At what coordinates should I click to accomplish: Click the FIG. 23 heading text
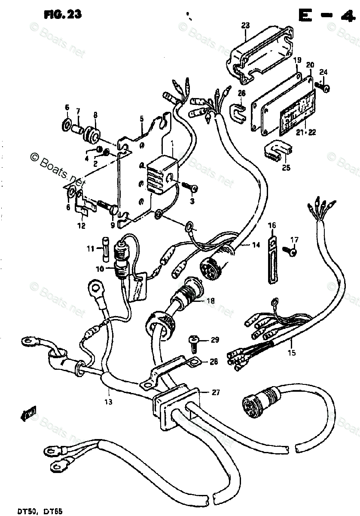tap(63, 14)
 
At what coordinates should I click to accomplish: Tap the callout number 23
tap(245, 26)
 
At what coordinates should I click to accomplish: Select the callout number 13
tap(109, 402)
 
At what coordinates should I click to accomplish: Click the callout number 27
tap(215, 392)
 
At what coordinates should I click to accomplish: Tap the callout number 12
tap(81, 225)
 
